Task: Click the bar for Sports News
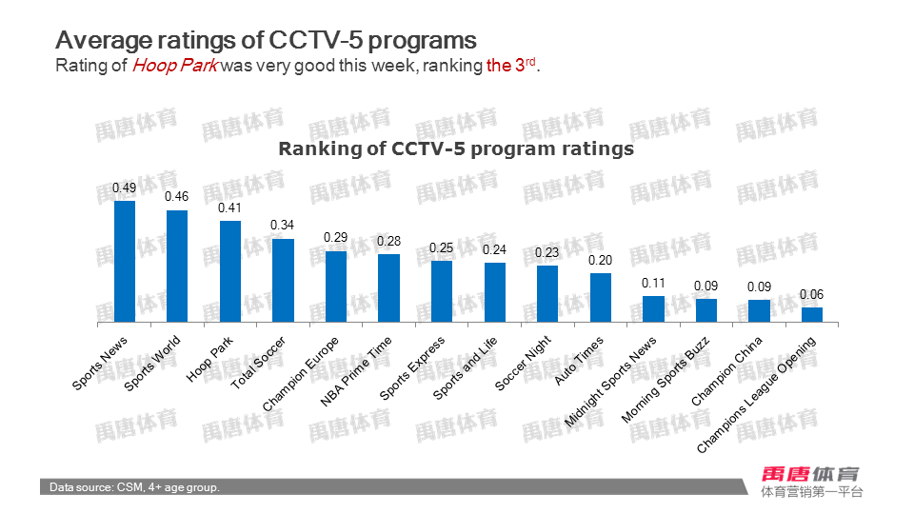pos(125,262)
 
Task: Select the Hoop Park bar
pos(230,271)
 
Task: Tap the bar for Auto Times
pos(600,298)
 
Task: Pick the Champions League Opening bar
pos(811,315)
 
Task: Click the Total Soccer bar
pos(283,281)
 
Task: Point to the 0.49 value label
pos(125,188)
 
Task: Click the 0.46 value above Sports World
pos(177,197)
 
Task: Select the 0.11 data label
pos(653,283)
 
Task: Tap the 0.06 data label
pos(811,294)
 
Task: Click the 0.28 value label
pos(388,242)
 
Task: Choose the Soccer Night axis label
pos(524,364)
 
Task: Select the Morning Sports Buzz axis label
pos(666,379)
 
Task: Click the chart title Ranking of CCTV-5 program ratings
pos(456,149)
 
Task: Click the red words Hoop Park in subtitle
pos(175,66)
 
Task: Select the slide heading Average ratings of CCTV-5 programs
pos(266,40)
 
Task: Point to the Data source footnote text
pos(135,487)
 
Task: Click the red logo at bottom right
pos(810,473)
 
